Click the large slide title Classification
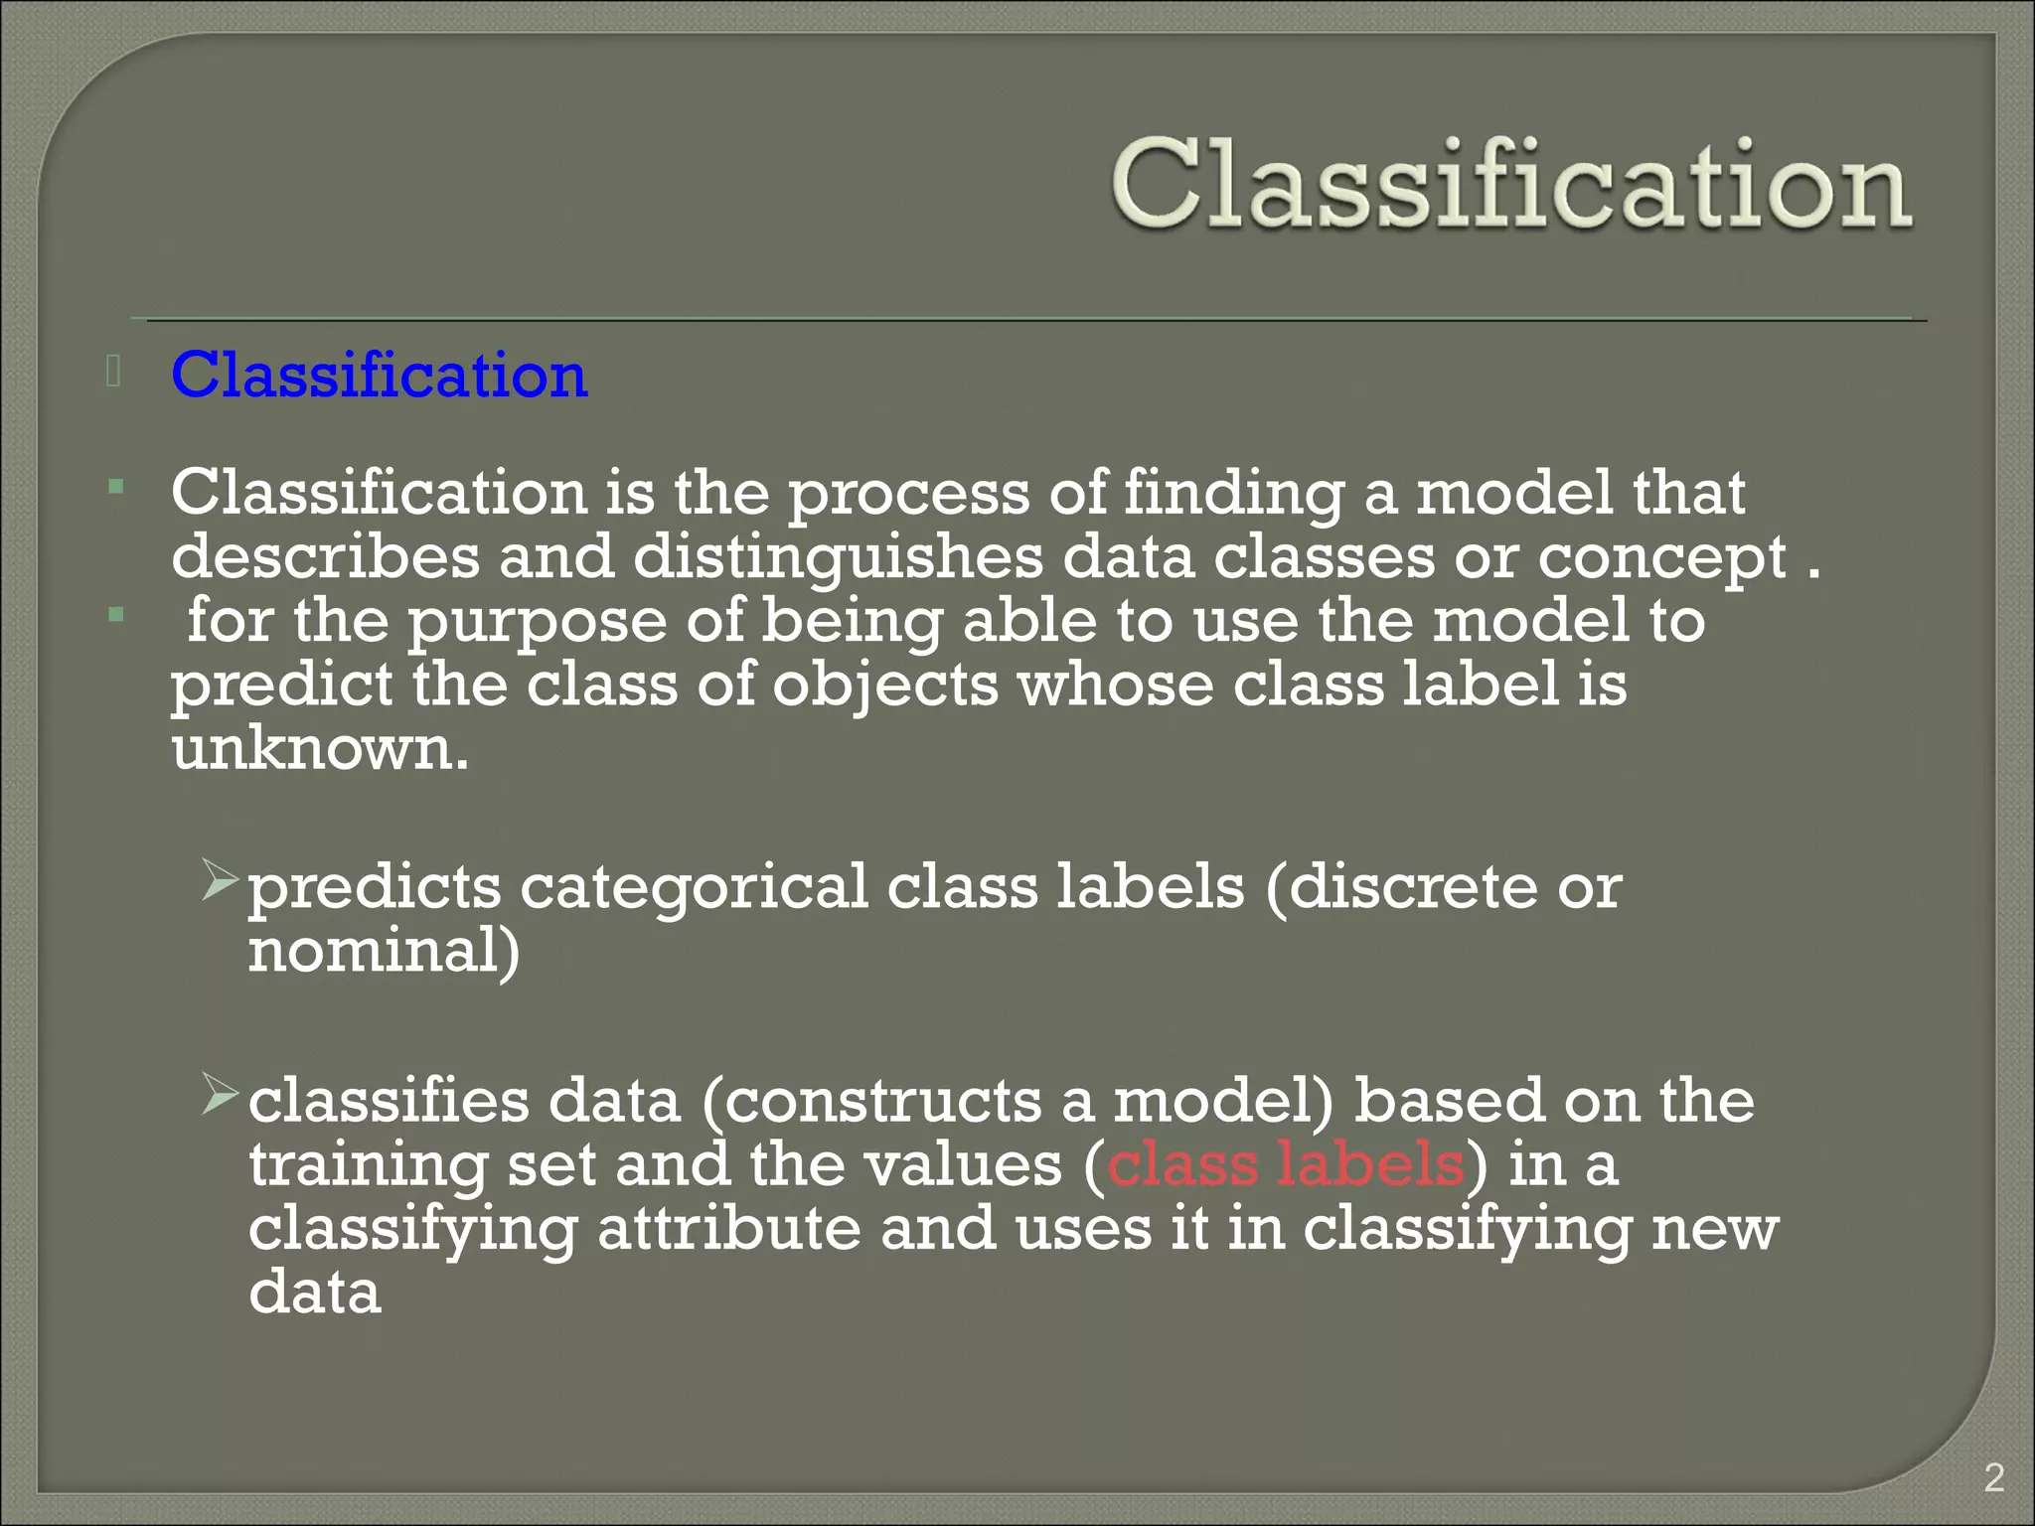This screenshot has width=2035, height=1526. [x=1510, y=185]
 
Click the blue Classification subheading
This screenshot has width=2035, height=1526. [x=379, y=376]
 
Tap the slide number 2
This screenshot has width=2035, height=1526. [x=1993, y=1478]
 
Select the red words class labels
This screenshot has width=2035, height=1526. [x=1285, y=1164]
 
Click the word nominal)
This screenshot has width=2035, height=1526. [x=384, y=951]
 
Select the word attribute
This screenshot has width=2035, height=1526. [x=728, y=1229]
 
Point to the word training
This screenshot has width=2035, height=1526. [x=368, y=1166]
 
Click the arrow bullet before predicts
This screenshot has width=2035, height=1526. [x=219, y=880]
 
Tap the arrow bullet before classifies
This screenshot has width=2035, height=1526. [x=219, y=1094]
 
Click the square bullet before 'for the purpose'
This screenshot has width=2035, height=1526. [x=116, y=615]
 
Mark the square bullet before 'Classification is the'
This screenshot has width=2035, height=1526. [x=116, y=487]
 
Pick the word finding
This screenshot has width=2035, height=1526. [x=1233, y=494]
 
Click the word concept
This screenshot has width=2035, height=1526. [x=1661, y=558]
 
